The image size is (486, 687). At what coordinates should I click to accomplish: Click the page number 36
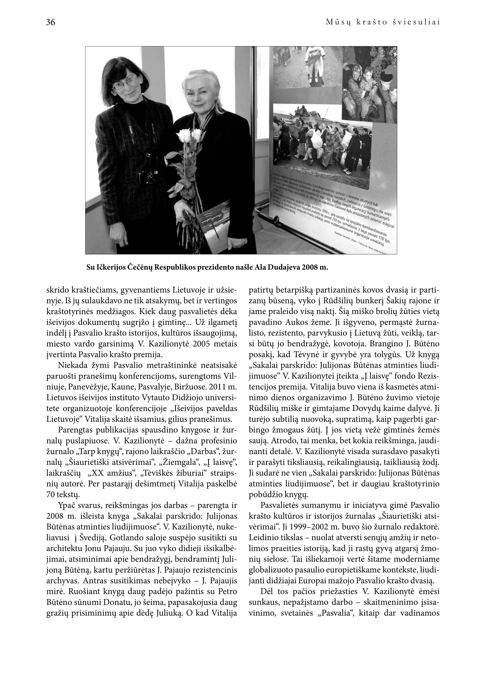click(51, 22)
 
